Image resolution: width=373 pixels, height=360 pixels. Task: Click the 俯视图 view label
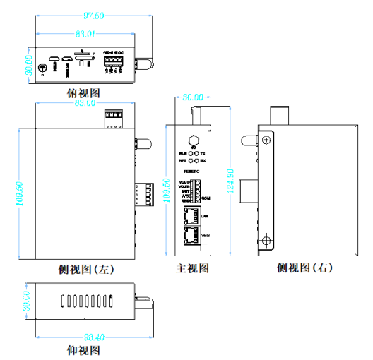tap(83, 92)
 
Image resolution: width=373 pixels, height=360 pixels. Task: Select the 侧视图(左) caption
tap(86, 269)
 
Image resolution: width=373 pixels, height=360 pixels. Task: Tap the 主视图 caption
tap(192, 269)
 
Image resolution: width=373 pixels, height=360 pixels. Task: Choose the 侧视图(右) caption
tap(304, 268)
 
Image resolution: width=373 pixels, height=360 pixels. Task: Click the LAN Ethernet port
tap(191, 216)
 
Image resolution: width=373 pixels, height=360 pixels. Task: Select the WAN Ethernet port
tap(191, 235)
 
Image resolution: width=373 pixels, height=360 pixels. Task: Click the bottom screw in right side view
tap(265, 241)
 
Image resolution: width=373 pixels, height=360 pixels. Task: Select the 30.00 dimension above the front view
tap(192, 97)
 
